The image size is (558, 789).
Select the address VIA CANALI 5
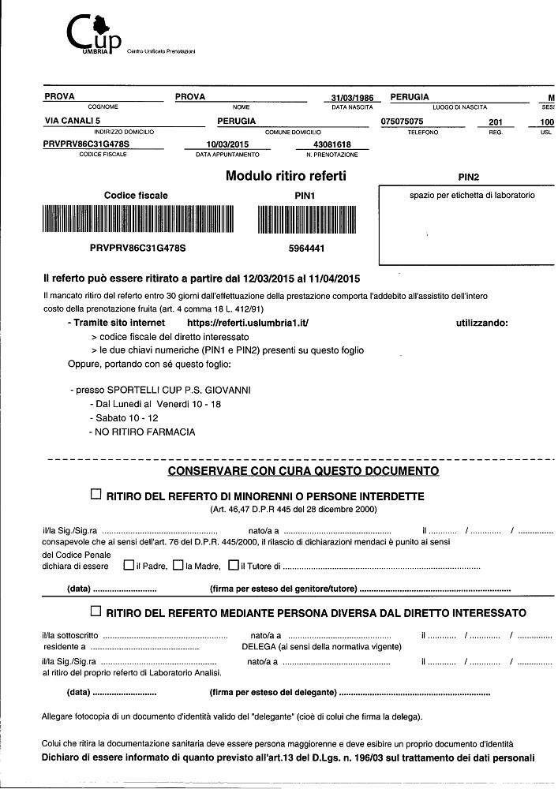pyautogui.click(x=72, y=121)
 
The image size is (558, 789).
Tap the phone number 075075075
pyautogui.click(x=403, y=122)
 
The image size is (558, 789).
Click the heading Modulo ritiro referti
pyautogui.click(x=286, y=176)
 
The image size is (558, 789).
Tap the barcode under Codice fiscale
pyautogui.click(x=137, y=219)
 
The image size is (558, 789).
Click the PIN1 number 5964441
pyautogui.click(x=304, y=248)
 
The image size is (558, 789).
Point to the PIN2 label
pyautogui.click(x=469, y=178)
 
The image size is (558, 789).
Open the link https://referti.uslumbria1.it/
pyautogui.click(x=247, y=323)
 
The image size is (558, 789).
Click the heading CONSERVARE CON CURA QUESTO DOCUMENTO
pyautogui.click(x=303, y=471)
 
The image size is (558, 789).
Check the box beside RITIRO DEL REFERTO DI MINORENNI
pyautogui.click(x=96, y=495)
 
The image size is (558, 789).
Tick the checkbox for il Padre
pyautogui.click(x=128, y=566)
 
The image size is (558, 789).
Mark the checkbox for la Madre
pyautogui.click(x=178, y=566)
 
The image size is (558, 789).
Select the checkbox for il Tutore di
pyautogui.click(x=233, y=566)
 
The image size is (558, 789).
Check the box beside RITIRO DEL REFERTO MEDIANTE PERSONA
pyautogui.click(x=96, y=611)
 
